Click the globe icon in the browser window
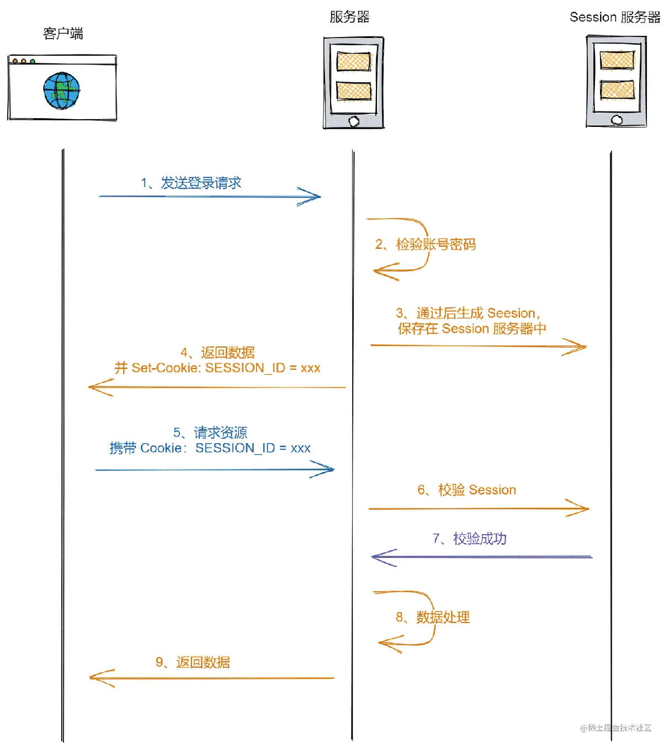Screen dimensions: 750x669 [x=62, y=91]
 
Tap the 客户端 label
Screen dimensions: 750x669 [x=63, y=34]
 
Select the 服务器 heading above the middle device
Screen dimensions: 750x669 [x=349, y=17]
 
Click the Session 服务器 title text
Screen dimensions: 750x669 [x=615, y=17]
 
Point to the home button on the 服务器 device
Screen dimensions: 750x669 [x=354, y=121]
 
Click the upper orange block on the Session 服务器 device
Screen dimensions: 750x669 [x=617, y=60]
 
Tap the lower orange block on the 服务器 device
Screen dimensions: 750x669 [x=354, y=91]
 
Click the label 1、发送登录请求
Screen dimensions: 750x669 [x=191, y=183]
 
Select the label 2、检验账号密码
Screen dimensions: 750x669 [x=425, y=244]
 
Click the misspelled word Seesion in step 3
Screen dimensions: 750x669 [x=511, y=313]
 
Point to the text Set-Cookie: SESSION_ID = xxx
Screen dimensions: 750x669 [x=226, y=368]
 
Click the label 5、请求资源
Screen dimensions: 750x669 [x=210, y=432]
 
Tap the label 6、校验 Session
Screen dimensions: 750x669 [x=466, y=490]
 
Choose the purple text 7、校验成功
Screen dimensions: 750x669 [x=469, y=538]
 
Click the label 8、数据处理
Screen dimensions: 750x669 [x=433, y=617]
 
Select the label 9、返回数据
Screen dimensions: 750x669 [x=193, y=662]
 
